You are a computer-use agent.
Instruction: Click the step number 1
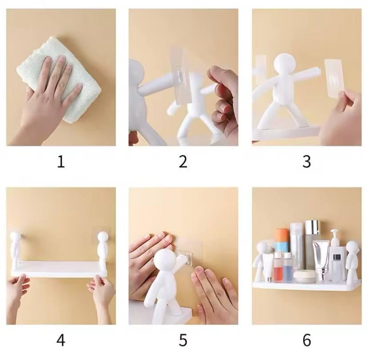61,162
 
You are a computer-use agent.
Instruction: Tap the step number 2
183,162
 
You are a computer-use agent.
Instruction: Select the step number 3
307,162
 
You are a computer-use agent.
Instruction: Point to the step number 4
61,340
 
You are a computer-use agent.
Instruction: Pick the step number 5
183,340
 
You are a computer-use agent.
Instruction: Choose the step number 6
307,340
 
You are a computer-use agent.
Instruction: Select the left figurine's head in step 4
16,238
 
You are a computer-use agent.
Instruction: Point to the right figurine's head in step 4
103,237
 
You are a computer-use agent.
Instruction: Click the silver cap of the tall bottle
313,227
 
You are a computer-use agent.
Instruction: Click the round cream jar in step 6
304,277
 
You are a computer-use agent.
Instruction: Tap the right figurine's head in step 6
352,247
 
